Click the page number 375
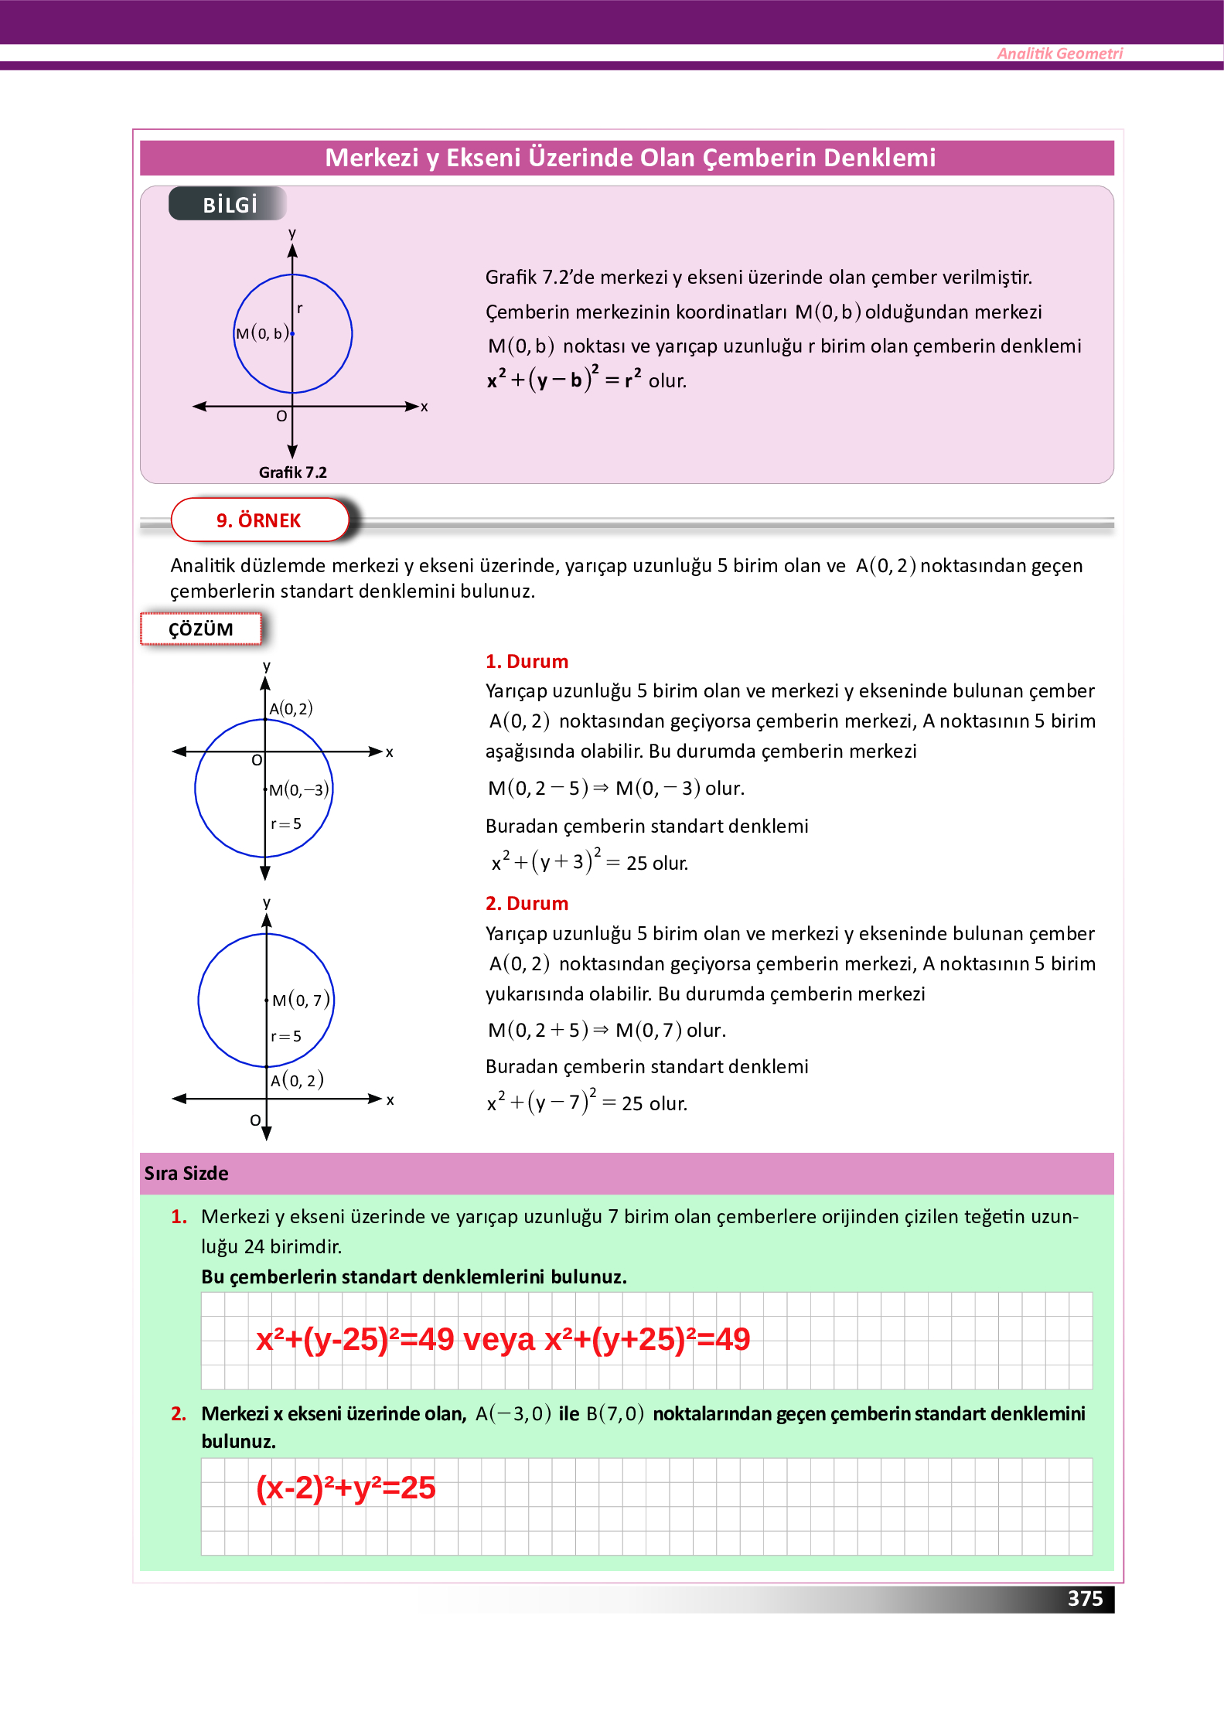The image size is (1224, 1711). pyautogui.click(x=1085, y=1598)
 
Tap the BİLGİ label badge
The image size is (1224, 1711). pyautogui.click(x=230, y=205)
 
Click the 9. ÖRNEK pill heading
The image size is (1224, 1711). pyautogui.click(x=258, y=520)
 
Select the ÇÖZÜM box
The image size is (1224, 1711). pyautogui.click(x=201, y=629)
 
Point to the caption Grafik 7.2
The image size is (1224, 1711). pyautogui.click(x=292, y=472)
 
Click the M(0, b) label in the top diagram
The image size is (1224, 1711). pyautogui.click(x=262, y=333)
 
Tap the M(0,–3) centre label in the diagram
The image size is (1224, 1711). pyautogui.click(x=298, y=789)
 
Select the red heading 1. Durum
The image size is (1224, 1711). pyautogui.click(x=527, y=661)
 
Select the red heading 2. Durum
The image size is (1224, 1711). pyautogui.click(x=527, y=903)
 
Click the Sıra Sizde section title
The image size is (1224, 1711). pyautogui.click(x=186, y=1173)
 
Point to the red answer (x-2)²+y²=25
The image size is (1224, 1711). pyautogui.click(x=346, y=1488)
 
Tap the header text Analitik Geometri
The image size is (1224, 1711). pyautogui.click(x=1059, y=53)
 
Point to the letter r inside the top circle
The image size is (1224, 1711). pyautogui.click(x=300, y=308)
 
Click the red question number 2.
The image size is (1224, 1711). pyautogui.click(x=179, y=1413)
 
